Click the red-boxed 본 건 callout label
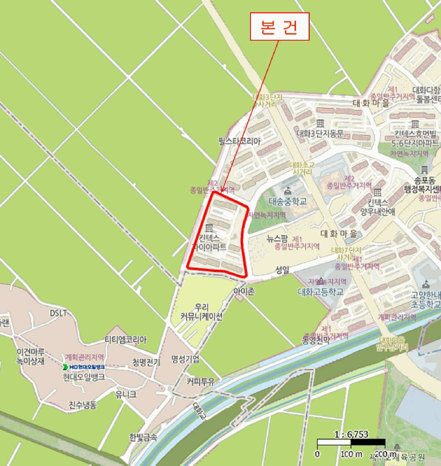tap(279, 29)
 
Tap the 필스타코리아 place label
tap(239, 142)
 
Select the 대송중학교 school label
tap(288, 201)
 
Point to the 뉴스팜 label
tap(277, 238)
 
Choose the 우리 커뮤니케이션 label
tap(201, 312)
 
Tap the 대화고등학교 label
tap(320, 292)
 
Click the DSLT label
tap(59, 313)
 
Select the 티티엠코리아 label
tap(125, 340)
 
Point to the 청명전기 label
tap(146, 362)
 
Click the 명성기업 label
tap(185, 359)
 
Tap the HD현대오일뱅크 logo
tap(83, 367)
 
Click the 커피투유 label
tap(200, 381)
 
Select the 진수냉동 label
tap(82, 405)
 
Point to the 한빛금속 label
tap(143, 437)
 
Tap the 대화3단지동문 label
tap(320, 133)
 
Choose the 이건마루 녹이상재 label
tap(31, 356)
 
